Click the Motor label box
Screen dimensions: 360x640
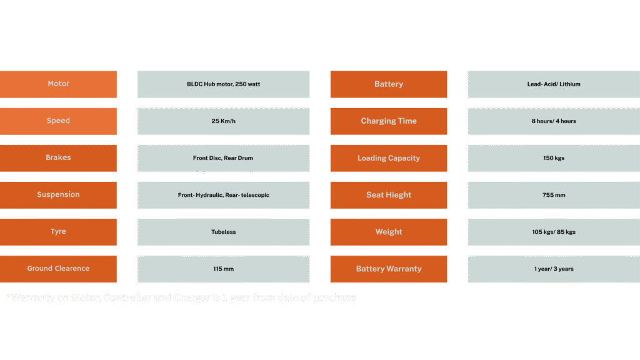(58, 84)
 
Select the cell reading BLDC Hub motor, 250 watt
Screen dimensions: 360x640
(223, 84)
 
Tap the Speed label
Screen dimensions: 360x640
(58, 121)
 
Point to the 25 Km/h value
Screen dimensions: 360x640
(223, 121)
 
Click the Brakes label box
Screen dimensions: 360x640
(58, 157)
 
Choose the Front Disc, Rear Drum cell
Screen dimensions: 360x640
(223, 158)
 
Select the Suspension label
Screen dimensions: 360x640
(58, 194)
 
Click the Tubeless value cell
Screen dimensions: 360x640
(223, 232)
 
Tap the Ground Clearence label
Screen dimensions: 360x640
(58, 269)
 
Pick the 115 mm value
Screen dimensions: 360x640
(223, 269)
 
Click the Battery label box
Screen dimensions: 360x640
(388, 84)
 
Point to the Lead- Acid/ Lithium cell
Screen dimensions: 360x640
(553, 84)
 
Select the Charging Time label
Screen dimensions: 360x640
(388, 121)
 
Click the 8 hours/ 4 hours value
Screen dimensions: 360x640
(553, 121)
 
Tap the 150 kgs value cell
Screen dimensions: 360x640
(553, 158)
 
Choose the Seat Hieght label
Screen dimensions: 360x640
(388, 195)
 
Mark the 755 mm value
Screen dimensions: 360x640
(553, 195)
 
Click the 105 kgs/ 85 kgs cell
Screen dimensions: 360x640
(553, 232)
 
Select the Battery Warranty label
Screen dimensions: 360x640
(388, 269)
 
